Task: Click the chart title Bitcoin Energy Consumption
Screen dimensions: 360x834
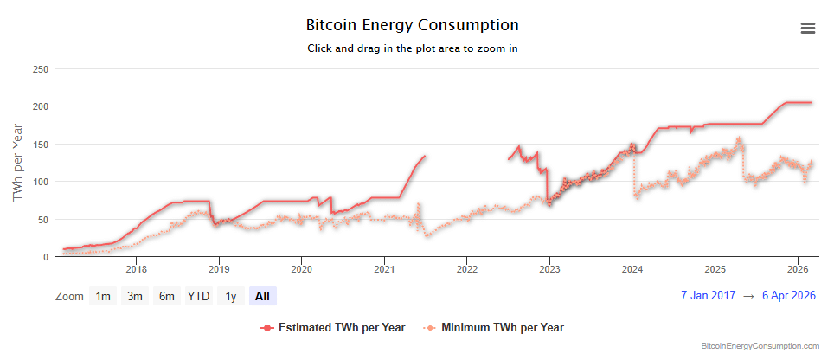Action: tap(413, 25)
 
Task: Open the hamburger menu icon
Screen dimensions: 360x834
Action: tap(808, 28)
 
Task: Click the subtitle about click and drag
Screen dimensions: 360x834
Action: tap(413, 48)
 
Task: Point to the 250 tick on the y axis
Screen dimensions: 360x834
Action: tap(40, 68)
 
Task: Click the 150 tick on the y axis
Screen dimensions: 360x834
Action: tap(40, 144)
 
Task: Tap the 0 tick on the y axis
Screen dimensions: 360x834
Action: tap(45, 257)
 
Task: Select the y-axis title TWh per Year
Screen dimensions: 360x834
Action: tap(18, 163)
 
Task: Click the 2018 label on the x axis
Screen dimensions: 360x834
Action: tap(136, 270)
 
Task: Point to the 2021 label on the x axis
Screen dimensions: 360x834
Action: tap(384, 270)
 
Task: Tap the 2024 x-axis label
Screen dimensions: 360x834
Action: tap(632, 270)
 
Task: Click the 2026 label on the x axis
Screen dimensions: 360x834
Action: tap(798, 270)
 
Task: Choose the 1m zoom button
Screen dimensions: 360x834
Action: tap(103, 296)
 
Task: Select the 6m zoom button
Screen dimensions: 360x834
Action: tap(166, 296)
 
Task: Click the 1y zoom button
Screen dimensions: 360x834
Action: tap(230, 296)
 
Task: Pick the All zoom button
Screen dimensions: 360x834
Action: tap(262, 296)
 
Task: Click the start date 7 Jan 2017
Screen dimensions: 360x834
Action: tap(709, 296)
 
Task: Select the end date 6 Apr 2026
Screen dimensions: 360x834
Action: tap(788, 296)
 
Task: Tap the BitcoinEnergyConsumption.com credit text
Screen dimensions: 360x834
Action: tap(760, 346)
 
